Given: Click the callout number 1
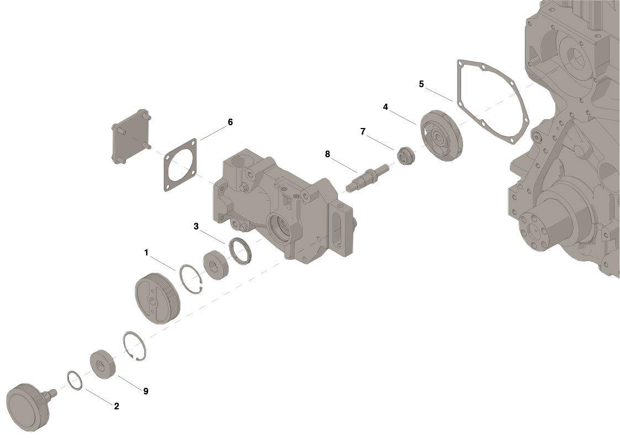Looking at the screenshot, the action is tap(146, 252).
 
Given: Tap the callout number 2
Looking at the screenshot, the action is tap(116, 406).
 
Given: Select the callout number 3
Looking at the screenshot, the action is tap(196, 226).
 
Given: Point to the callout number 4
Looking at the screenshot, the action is tap(385, 107).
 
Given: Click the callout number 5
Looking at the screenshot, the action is tap(421, 84).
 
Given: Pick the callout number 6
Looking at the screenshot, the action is tap(230, 122).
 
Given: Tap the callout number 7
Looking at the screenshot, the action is tap(363, 131).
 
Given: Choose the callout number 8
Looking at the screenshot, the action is tap(327, 154).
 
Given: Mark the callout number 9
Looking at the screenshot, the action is tap(146, 391).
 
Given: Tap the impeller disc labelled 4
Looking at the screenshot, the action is tap(441, 136).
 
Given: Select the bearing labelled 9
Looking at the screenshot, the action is tap(103, 364).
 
